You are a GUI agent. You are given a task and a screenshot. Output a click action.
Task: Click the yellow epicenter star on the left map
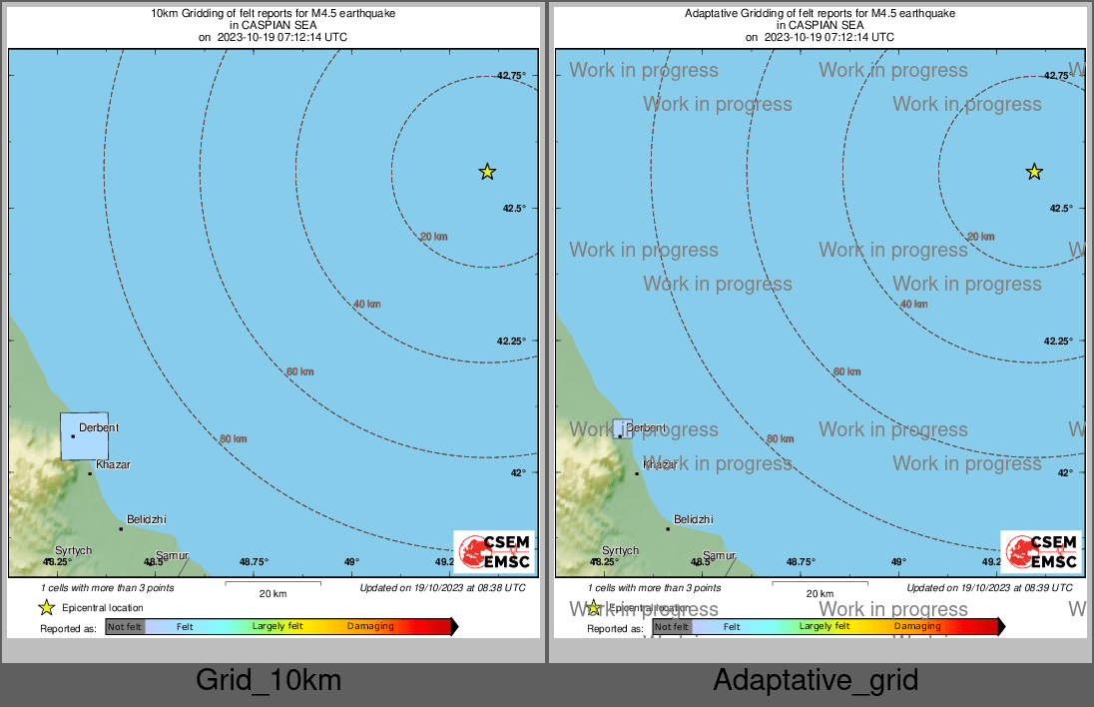click(487, 172)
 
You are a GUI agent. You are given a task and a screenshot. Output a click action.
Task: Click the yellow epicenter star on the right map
click(1034, 172)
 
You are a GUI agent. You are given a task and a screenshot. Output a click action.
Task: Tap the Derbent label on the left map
click(99, 427)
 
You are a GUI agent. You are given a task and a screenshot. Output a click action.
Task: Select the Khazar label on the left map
click(113, 464)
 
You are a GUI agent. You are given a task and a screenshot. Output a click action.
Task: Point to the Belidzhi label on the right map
click(694, 519)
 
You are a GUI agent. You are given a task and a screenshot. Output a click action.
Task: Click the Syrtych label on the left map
click(73, 550)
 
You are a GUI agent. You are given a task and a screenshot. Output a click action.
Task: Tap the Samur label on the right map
click(720, 555)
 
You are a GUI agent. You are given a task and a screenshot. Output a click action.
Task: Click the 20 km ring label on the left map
click(433, 237)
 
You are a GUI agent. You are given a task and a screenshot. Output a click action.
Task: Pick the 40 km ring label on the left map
click(366, 304)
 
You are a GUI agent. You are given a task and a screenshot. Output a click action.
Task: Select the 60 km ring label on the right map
click(846, 371)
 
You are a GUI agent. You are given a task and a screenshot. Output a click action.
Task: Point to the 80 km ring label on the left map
click(234, 438)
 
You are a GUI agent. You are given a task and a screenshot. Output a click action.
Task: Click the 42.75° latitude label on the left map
click(511, 75)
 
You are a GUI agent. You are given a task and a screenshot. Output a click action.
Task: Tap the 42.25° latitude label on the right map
click(1058, 341)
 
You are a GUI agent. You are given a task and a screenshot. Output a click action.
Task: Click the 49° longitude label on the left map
click(351, 561)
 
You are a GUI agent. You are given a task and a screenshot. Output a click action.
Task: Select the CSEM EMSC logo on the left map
click(494, 552)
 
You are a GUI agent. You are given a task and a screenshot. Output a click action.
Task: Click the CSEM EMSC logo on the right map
click(1041, 552)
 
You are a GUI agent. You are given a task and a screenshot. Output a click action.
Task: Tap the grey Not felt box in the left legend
click(125, 627)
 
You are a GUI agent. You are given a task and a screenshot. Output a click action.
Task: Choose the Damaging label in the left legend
click(370, 627)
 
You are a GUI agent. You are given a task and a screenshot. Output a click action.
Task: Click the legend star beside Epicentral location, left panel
click(46, 607)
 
